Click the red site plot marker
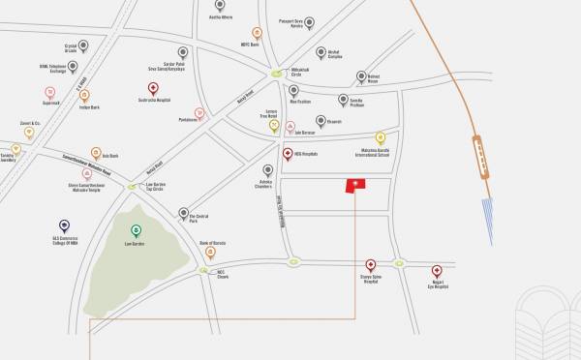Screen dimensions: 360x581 (x=357, y=187)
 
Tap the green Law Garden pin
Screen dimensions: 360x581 (x=135, y=230)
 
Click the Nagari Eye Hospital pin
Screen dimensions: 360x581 (x=438, y=272)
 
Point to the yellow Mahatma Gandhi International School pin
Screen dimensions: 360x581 (x=381, y=138)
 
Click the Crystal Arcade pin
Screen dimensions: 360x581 (x=84, y=45)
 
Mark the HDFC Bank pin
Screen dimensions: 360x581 (x=258, y=33)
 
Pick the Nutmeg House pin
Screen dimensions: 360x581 (x=361, y=75)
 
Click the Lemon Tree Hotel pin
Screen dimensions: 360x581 (x=274, y=125)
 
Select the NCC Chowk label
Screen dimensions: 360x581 (x=223, y=275)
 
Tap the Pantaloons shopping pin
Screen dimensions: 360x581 (x=199, y=112)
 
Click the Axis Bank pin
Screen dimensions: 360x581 (x=96, y=153)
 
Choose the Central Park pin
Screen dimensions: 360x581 (x=183, y=213)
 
